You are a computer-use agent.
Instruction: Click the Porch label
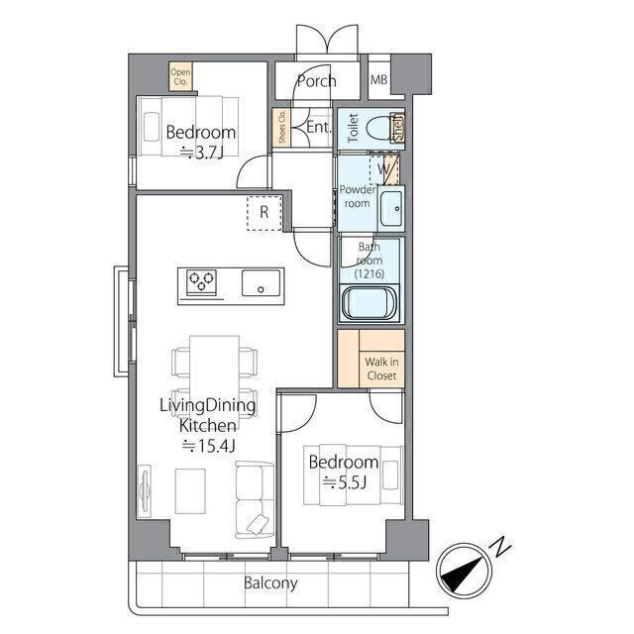(317, 81)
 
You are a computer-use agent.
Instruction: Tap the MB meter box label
(378, 79)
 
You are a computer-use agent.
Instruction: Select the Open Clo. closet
(180, 76)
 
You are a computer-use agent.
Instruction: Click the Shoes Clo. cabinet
(281, 128)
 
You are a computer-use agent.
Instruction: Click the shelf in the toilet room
(398, 128)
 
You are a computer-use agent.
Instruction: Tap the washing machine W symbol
(384, 169)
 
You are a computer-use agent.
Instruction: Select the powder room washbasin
(391, 208)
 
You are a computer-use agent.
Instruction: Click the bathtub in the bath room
(370, 303)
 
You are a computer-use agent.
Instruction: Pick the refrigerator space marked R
(264, 213)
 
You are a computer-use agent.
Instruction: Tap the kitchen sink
(262, 283)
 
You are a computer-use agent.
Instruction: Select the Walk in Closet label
(382, 369)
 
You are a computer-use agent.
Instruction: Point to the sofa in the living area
(255, 499)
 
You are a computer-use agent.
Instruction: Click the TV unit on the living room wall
(144, 491)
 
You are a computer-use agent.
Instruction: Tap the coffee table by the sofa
(190, 491)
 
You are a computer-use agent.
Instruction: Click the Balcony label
(270, 583)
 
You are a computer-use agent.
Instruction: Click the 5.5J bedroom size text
(345, 482)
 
